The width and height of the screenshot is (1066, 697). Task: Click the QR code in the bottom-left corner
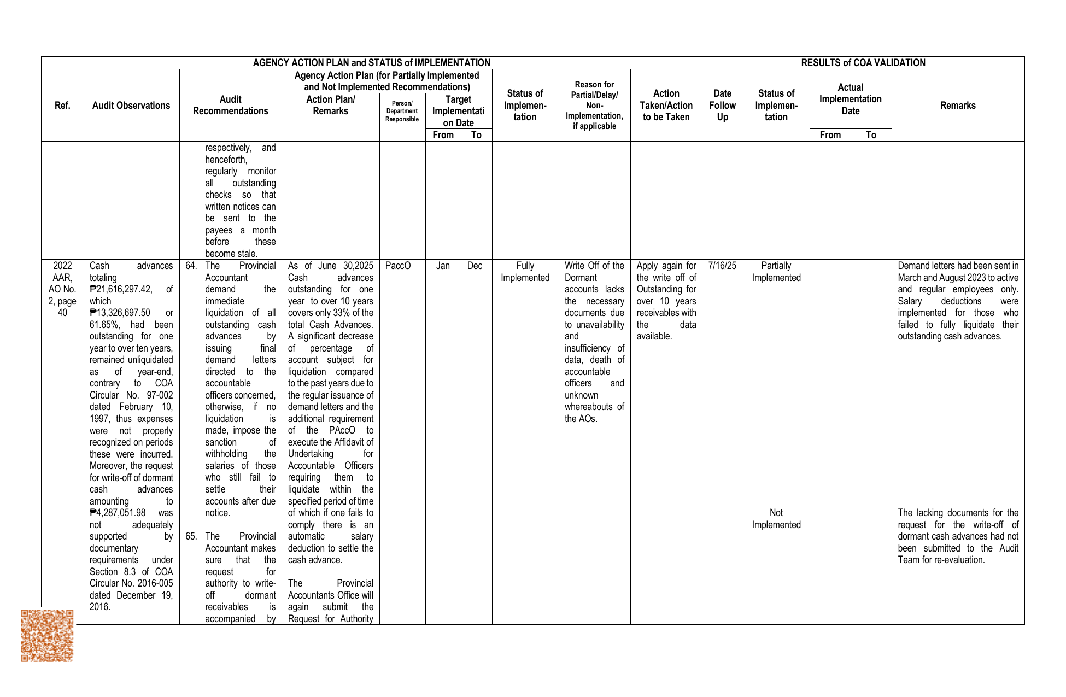pyautogui.click(x=47, y=635)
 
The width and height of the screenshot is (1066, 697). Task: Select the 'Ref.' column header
pyautogui.click(x=62, y=106)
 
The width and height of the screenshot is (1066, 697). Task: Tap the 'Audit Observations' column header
pyautogui.click(x=131, y=106)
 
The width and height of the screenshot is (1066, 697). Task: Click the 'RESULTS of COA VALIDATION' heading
pyautogui.click(x=863, y=63)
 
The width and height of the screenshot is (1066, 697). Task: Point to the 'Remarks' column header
pyautogui.click(x=957, y=106)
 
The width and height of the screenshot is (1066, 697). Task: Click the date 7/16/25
pyautogui.click(x=722, y=266)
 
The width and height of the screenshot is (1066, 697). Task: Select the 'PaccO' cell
pyautogui.click(x=398, y=266)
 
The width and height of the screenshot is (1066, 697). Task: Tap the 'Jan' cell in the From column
pyautogui.click(x=443, y=266)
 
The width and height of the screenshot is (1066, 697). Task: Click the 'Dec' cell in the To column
pyautogui.click(x=475, y=266)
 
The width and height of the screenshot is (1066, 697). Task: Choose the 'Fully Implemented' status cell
pyautogui.click(x=525, y=272)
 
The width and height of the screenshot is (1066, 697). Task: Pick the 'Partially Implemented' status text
pyautogui.click(x=776, y=272)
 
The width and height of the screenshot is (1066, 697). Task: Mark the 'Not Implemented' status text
pyautogui.click(x=776, y=519)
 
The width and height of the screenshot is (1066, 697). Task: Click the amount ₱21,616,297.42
pyautogui.click(x=121, y=289)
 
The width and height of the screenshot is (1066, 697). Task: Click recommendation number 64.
pyautogui.click(x=191, y=266)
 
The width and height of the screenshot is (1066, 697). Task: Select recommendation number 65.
pyautogui.click(x=191, y=536)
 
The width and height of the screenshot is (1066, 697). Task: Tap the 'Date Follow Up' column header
pyautogui.click(x=722, y=106)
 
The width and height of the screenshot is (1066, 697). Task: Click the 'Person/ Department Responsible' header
pyautogui.click(x=402, y=111)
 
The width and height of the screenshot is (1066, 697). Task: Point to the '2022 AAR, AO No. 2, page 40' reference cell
pyautogui.click(x=62, y=289)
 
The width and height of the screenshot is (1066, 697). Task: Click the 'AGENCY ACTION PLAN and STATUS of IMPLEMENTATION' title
pyautogui.click(x=371, y=63)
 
